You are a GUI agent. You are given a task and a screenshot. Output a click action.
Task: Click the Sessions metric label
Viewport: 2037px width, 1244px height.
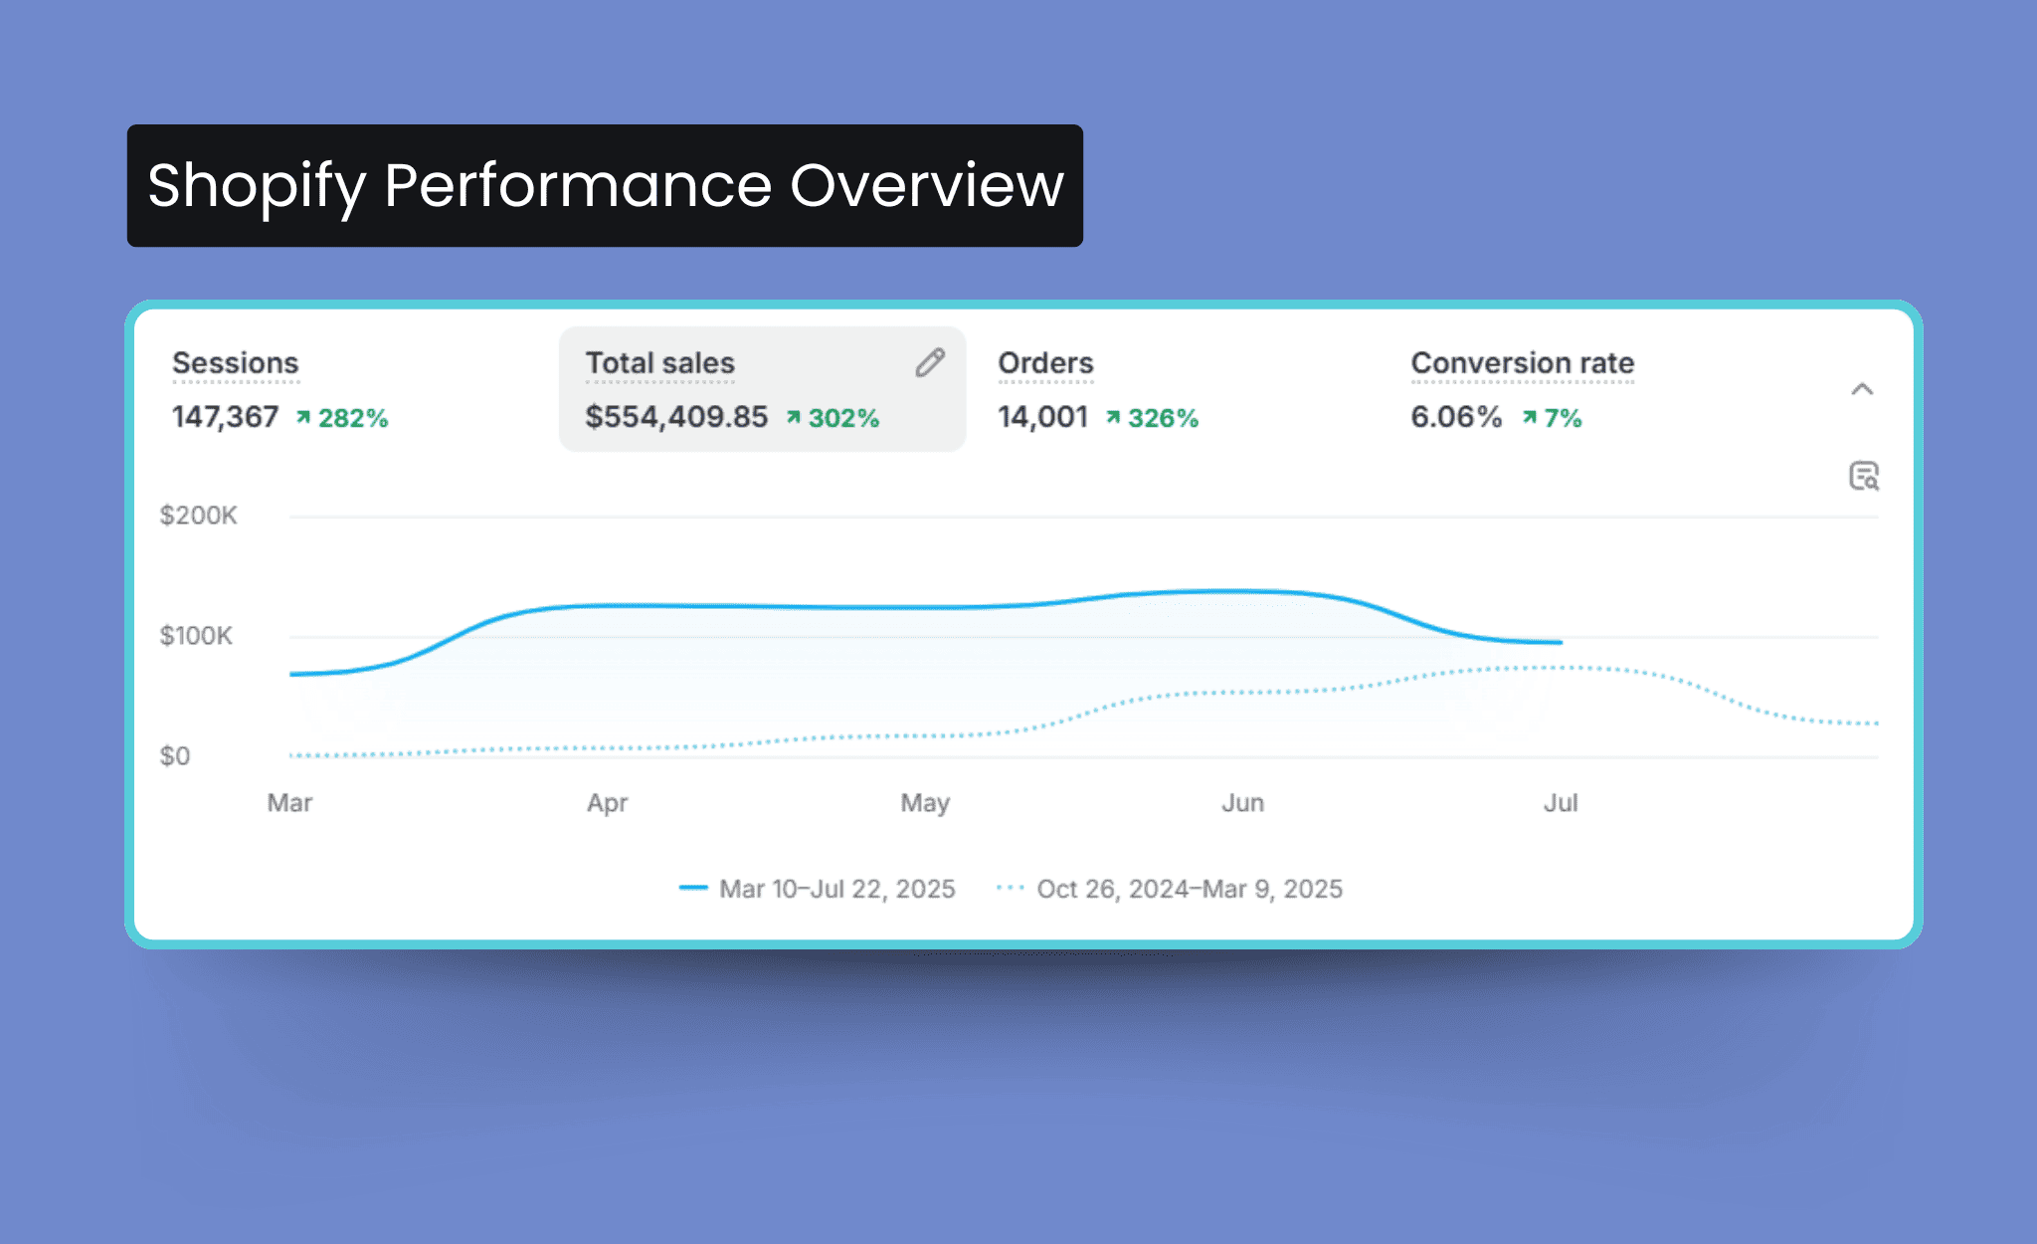click(x=235, y=363)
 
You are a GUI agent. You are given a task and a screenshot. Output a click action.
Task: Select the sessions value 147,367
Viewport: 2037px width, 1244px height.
click(x=225, y=417)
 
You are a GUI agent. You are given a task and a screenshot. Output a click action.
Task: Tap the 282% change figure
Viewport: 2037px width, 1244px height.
click(x=352, y=418)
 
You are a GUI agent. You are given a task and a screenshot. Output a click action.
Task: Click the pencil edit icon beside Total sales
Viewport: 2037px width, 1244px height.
click(x=930, y=363)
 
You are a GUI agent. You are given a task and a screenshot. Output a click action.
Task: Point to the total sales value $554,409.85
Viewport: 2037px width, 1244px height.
click(x=676, y=417)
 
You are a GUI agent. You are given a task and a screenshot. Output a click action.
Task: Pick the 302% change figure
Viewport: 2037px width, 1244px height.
click(x=842, y=418)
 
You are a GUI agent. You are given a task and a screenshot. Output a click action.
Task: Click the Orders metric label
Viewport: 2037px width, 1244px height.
click(x=1045, y=363)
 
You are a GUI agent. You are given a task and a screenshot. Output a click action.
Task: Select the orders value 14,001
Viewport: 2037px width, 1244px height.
click(x=1042, y=417)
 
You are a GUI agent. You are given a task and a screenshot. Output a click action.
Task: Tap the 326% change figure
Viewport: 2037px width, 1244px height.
click(x=1162, y=418)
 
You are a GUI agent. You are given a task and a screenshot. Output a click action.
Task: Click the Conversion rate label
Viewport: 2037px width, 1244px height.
click(x=1522, y=363)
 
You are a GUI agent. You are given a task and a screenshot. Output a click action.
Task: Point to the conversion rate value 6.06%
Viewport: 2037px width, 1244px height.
click(x=1456, y=417)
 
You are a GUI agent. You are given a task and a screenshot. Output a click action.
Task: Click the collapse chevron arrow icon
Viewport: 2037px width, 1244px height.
click(x=1862, y=389)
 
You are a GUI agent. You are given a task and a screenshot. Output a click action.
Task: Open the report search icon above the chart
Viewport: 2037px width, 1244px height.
click(x=1864, y=476)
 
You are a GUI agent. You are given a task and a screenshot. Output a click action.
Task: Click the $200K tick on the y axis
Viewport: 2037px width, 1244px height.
click(x=198, y=516)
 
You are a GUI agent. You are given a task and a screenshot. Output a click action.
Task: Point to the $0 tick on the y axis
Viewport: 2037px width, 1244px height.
click(x=175, y=756)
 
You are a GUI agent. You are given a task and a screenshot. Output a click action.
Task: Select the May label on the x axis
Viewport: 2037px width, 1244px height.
click(x=925, y=803)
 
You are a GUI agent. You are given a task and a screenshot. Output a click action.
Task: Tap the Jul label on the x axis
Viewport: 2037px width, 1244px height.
click(x=1561, y=803)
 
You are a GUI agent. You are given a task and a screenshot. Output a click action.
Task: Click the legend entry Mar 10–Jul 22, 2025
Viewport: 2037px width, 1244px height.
click(x=835, y=889)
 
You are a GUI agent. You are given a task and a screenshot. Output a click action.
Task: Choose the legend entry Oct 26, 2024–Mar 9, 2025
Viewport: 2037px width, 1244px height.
click(x=1189, y=889)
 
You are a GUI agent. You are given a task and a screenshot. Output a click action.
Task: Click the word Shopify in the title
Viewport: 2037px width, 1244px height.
click(x=257, y=186)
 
